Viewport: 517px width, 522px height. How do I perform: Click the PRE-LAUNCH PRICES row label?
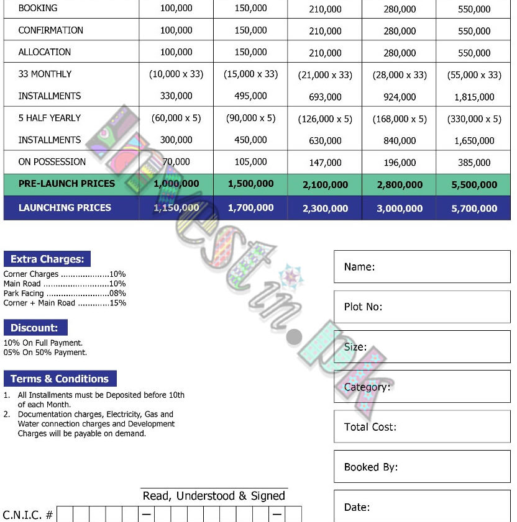(66, 184)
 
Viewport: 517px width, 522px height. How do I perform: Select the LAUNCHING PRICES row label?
(65, 207)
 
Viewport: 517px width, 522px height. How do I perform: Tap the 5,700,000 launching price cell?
(474, 209)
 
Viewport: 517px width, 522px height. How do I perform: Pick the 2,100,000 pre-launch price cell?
(325, 185)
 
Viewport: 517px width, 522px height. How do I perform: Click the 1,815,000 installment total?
(474, 97)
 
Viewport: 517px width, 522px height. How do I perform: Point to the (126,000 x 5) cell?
(325, 119)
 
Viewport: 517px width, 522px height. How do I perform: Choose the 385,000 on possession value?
(474, 163)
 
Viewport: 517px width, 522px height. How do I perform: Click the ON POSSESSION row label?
(52, 162)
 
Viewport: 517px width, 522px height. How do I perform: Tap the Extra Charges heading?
(47, 259)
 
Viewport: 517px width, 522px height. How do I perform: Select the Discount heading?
(35, 328)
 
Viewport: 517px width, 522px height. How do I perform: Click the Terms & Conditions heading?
(60, 379)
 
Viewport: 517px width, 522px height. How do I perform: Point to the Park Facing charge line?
(65, 294)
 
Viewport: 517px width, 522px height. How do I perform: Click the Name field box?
(422, 267)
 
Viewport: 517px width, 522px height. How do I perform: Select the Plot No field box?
(422, 307)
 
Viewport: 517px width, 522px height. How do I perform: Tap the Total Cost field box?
(422, 427)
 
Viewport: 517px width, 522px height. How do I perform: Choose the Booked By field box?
(422, 467)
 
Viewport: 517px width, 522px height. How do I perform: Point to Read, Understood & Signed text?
(214, 496)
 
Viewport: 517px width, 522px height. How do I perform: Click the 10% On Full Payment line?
(43, 343)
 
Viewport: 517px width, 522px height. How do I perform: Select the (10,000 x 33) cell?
(176, 74)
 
